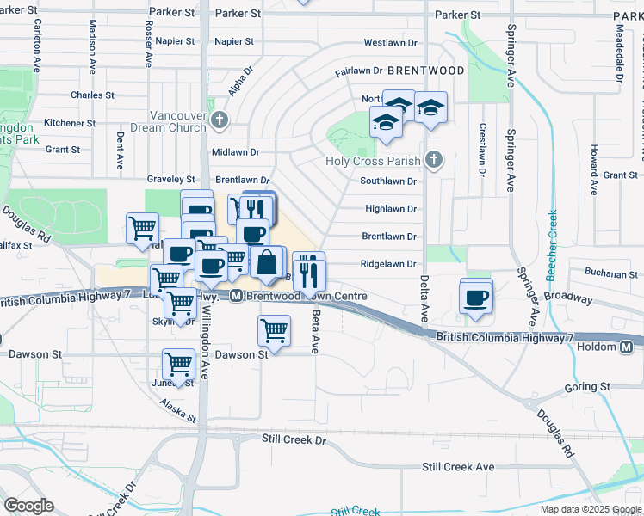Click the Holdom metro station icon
[x=627, y=347]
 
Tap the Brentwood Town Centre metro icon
[x=235, y=296]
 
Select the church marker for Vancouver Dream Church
[x=220, y=119]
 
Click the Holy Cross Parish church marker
[x=434, y=160]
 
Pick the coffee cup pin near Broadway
[x=476, y=298]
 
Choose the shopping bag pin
[x=268, y=264]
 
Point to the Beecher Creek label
[x=552, y=245]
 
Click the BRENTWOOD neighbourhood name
[x=425, y=71]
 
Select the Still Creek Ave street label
[x=458, y=466]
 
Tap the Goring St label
[x=587, y=388]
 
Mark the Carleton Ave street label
[x=38, y=44]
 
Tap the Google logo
[x=28, y=506]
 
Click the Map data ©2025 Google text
[x=590, y=509]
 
